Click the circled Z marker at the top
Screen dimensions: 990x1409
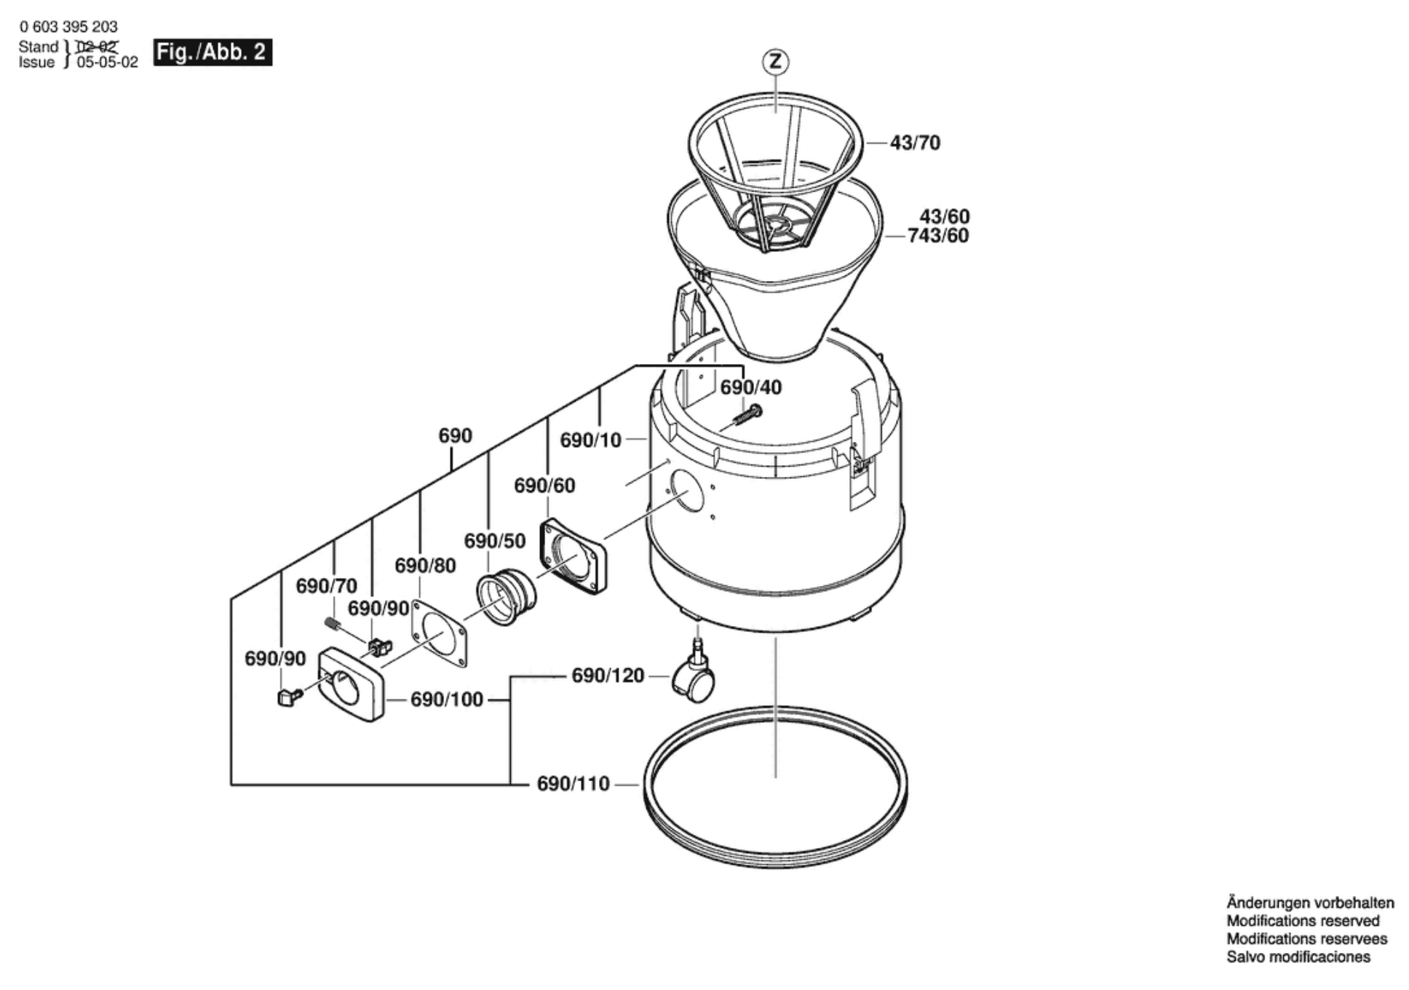(776, 62)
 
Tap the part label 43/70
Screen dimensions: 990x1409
(915, 143)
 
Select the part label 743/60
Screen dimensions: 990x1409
(938, 236)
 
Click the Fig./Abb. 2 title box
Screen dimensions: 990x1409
(213, 52)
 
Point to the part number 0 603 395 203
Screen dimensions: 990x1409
(68, 27)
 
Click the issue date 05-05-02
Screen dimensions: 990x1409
(107, 63)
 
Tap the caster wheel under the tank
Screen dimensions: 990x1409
(696, 679)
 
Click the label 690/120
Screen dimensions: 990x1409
(608, 676)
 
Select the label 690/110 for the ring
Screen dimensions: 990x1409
(573, 784)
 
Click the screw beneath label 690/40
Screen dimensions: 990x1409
(747, 416)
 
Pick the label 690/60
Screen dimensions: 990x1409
(544, 486)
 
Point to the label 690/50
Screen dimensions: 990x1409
(495, 541)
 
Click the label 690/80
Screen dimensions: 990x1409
(425, 566)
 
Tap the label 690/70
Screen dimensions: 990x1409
(326, 586)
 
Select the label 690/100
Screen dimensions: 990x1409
(447, 700)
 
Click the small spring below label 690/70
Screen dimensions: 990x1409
(333, 624)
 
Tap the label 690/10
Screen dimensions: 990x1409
(590, 440)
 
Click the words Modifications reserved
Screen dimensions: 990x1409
(1303, 921)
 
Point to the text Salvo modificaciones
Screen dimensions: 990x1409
(1298, 957)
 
